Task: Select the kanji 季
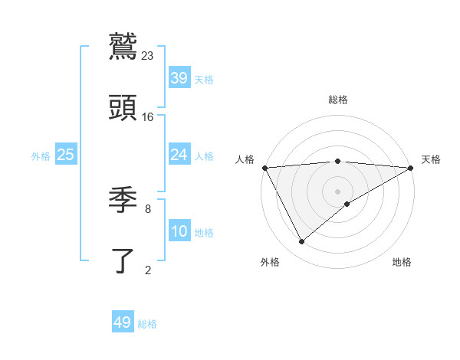(123, 200)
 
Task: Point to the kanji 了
(123, 260)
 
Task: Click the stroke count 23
(148, 55)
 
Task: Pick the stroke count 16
(148, 116)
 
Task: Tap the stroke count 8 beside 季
(148, 208)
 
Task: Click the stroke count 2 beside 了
(148, 270)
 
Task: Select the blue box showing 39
(179, 78)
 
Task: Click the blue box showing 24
(179, 155)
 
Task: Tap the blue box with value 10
(179, 231)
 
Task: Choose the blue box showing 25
(66, 155)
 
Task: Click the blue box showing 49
(123, 322)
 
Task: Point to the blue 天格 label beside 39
(204, 79)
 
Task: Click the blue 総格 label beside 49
(147, 323)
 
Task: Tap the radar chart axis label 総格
(338, 100)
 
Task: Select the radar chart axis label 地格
(402, 262)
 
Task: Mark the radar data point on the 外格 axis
(301, 242)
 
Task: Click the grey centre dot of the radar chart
(338, 191)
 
